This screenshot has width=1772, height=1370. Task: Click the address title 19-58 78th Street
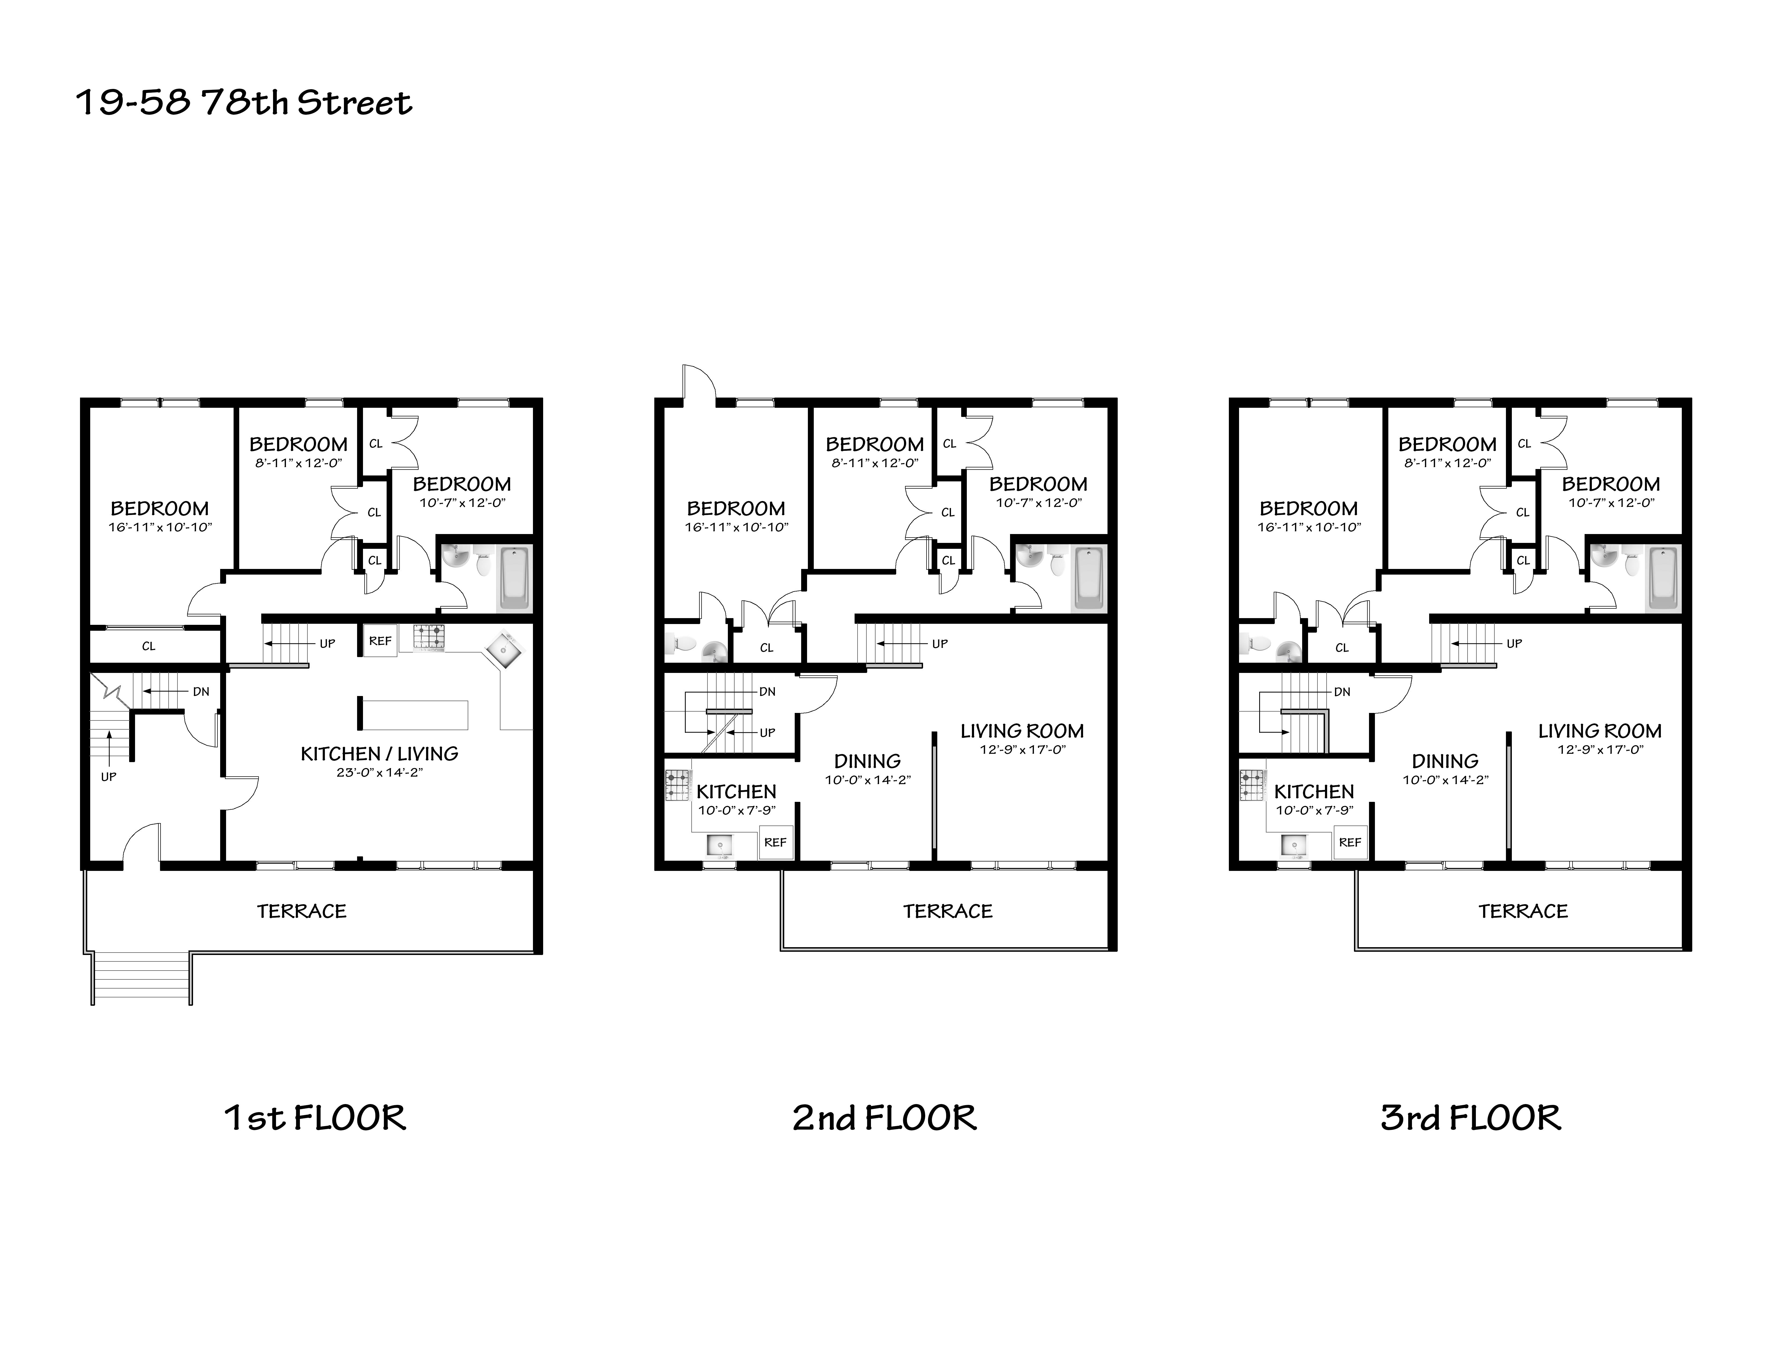(x=244, y=103)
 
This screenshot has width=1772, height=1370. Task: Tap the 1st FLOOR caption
(x=315, y=1117)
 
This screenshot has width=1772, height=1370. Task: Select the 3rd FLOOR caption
(x=1470, y=1117)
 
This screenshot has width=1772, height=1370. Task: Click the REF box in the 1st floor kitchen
(x=380, y=640)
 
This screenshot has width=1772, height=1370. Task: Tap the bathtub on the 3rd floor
(x=1662, y=578)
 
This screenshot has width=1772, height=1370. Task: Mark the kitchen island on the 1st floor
(x=414, y=714)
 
